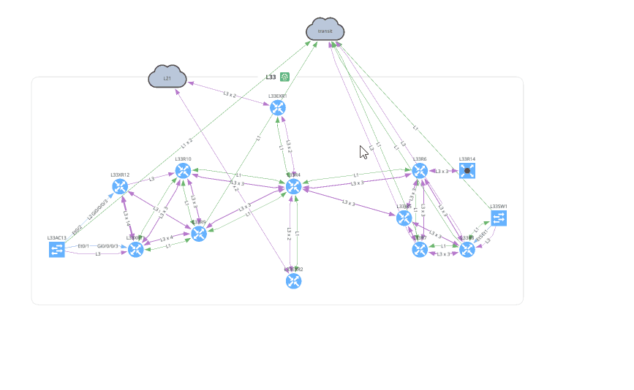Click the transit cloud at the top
click(x=325, y=30)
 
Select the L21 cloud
click(x=167, y=77)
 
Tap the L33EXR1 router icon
click(x=278, y=108)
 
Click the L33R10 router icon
click(x=183, y=171)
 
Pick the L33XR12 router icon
click(x=121, y=186)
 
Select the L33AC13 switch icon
click(x=57, y=250)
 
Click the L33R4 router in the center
click(x=294, y=186)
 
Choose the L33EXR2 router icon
click(x=294, y=280)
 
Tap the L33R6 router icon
click(x=420, y=171)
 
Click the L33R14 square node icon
click(x=467, y=171)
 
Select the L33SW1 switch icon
click(x=499, y=218)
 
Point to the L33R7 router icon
click(x=420, y=250)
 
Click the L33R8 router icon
click(x=467, y=250)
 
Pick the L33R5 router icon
click(x=404, y=218)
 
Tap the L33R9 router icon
click(x=199, y=234)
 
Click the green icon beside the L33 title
click(x=284, y=77)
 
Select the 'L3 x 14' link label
click(x=127, y=218)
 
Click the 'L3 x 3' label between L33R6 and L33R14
click(x=443, y=171)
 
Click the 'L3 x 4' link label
click(x=167, y=238)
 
